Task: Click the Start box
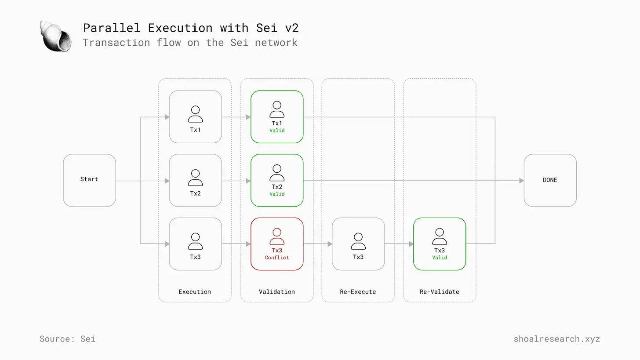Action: [x=89, y=180]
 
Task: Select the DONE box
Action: [x=550, y=180]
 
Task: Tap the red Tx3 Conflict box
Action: [x=277, y=244]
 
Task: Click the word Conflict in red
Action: [x=277, y=258]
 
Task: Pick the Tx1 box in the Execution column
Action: [x=196, y=116]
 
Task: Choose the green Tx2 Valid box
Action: [x=277, y=180]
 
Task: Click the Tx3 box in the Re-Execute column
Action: [x=358, y=244]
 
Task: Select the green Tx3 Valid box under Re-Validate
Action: [x=440, y=244]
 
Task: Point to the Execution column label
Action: [x=195, y=292]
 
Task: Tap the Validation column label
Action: [x=277, y=292]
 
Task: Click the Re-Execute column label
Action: [x=358, y=292]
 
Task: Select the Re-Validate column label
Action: [x=440, y=292]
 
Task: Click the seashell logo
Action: [x=55, y=36]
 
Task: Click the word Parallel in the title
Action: [x=112, y=28]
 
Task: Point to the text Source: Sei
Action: [x=67, y=339]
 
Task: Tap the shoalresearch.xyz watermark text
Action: [x=556, y=339]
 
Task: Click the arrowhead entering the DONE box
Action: [x=521, y=181]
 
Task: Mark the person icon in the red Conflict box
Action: [x=277, y=236]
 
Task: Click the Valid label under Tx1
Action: [x=277, y=130]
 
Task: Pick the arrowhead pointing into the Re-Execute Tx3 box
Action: [x=330, y=244]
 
